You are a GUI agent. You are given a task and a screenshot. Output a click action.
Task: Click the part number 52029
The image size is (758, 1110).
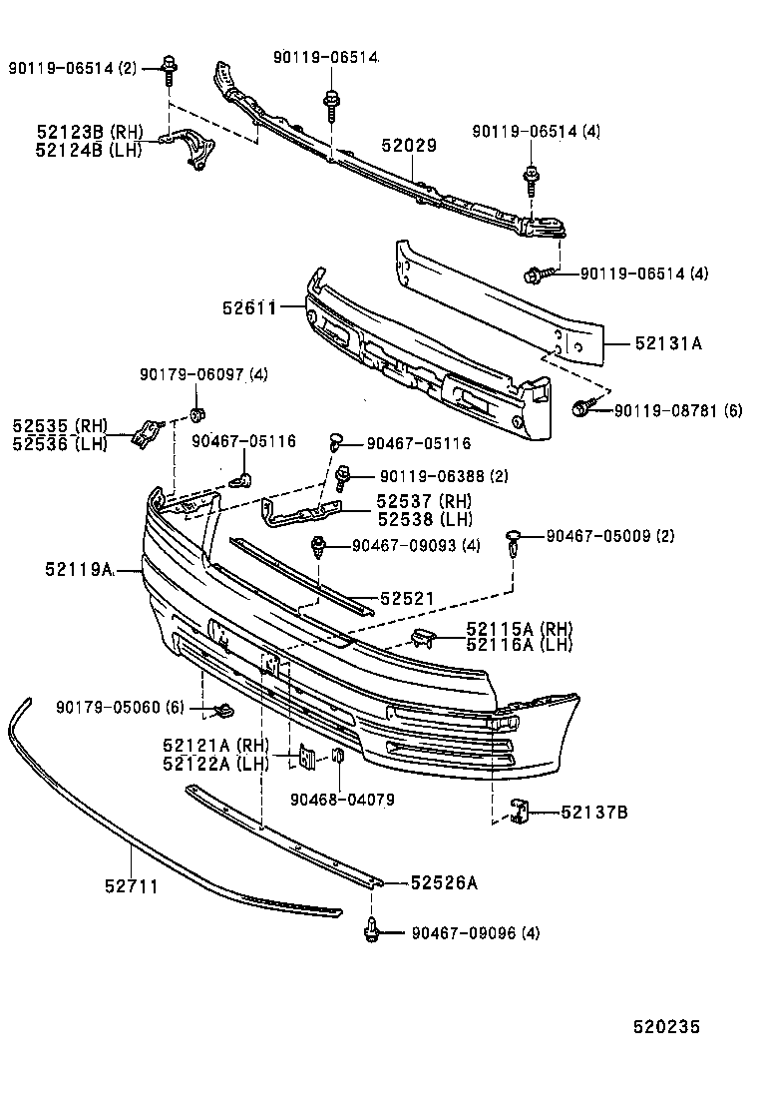click(409, 146)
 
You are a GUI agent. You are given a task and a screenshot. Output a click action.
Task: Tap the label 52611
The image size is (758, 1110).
click(248, 309)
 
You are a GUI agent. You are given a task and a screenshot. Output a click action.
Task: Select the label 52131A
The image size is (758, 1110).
click(668, 343)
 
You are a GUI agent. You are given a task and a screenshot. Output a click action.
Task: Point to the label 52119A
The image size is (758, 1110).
click(79, 570)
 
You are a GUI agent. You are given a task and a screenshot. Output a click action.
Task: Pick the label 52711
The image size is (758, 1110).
click(132, 884)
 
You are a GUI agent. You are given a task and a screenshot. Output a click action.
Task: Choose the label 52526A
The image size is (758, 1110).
click(445, 882)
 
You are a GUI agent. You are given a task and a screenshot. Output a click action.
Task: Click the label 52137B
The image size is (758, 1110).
click(593, 813)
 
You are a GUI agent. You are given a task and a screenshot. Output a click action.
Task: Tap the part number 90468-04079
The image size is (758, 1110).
click(342, 799)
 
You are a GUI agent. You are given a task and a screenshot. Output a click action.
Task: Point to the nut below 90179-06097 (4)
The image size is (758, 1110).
click(196, 415)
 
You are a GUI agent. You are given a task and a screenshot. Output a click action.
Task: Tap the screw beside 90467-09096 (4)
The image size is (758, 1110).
click(373, 931)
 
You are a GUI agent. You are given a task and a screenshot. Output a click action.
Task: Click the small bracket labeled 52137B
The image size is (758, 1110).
click(521, 812)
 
